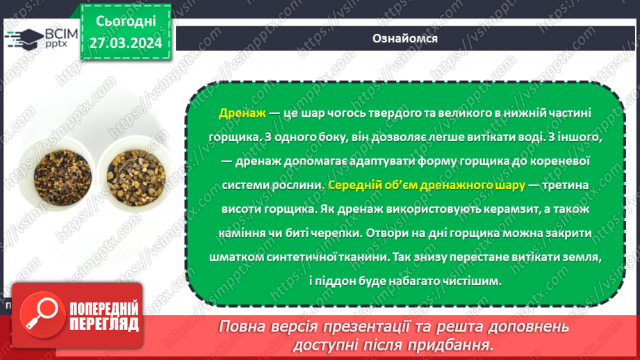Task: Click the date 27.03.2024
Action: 126,43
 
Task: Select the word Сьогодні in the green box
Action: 126,22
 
